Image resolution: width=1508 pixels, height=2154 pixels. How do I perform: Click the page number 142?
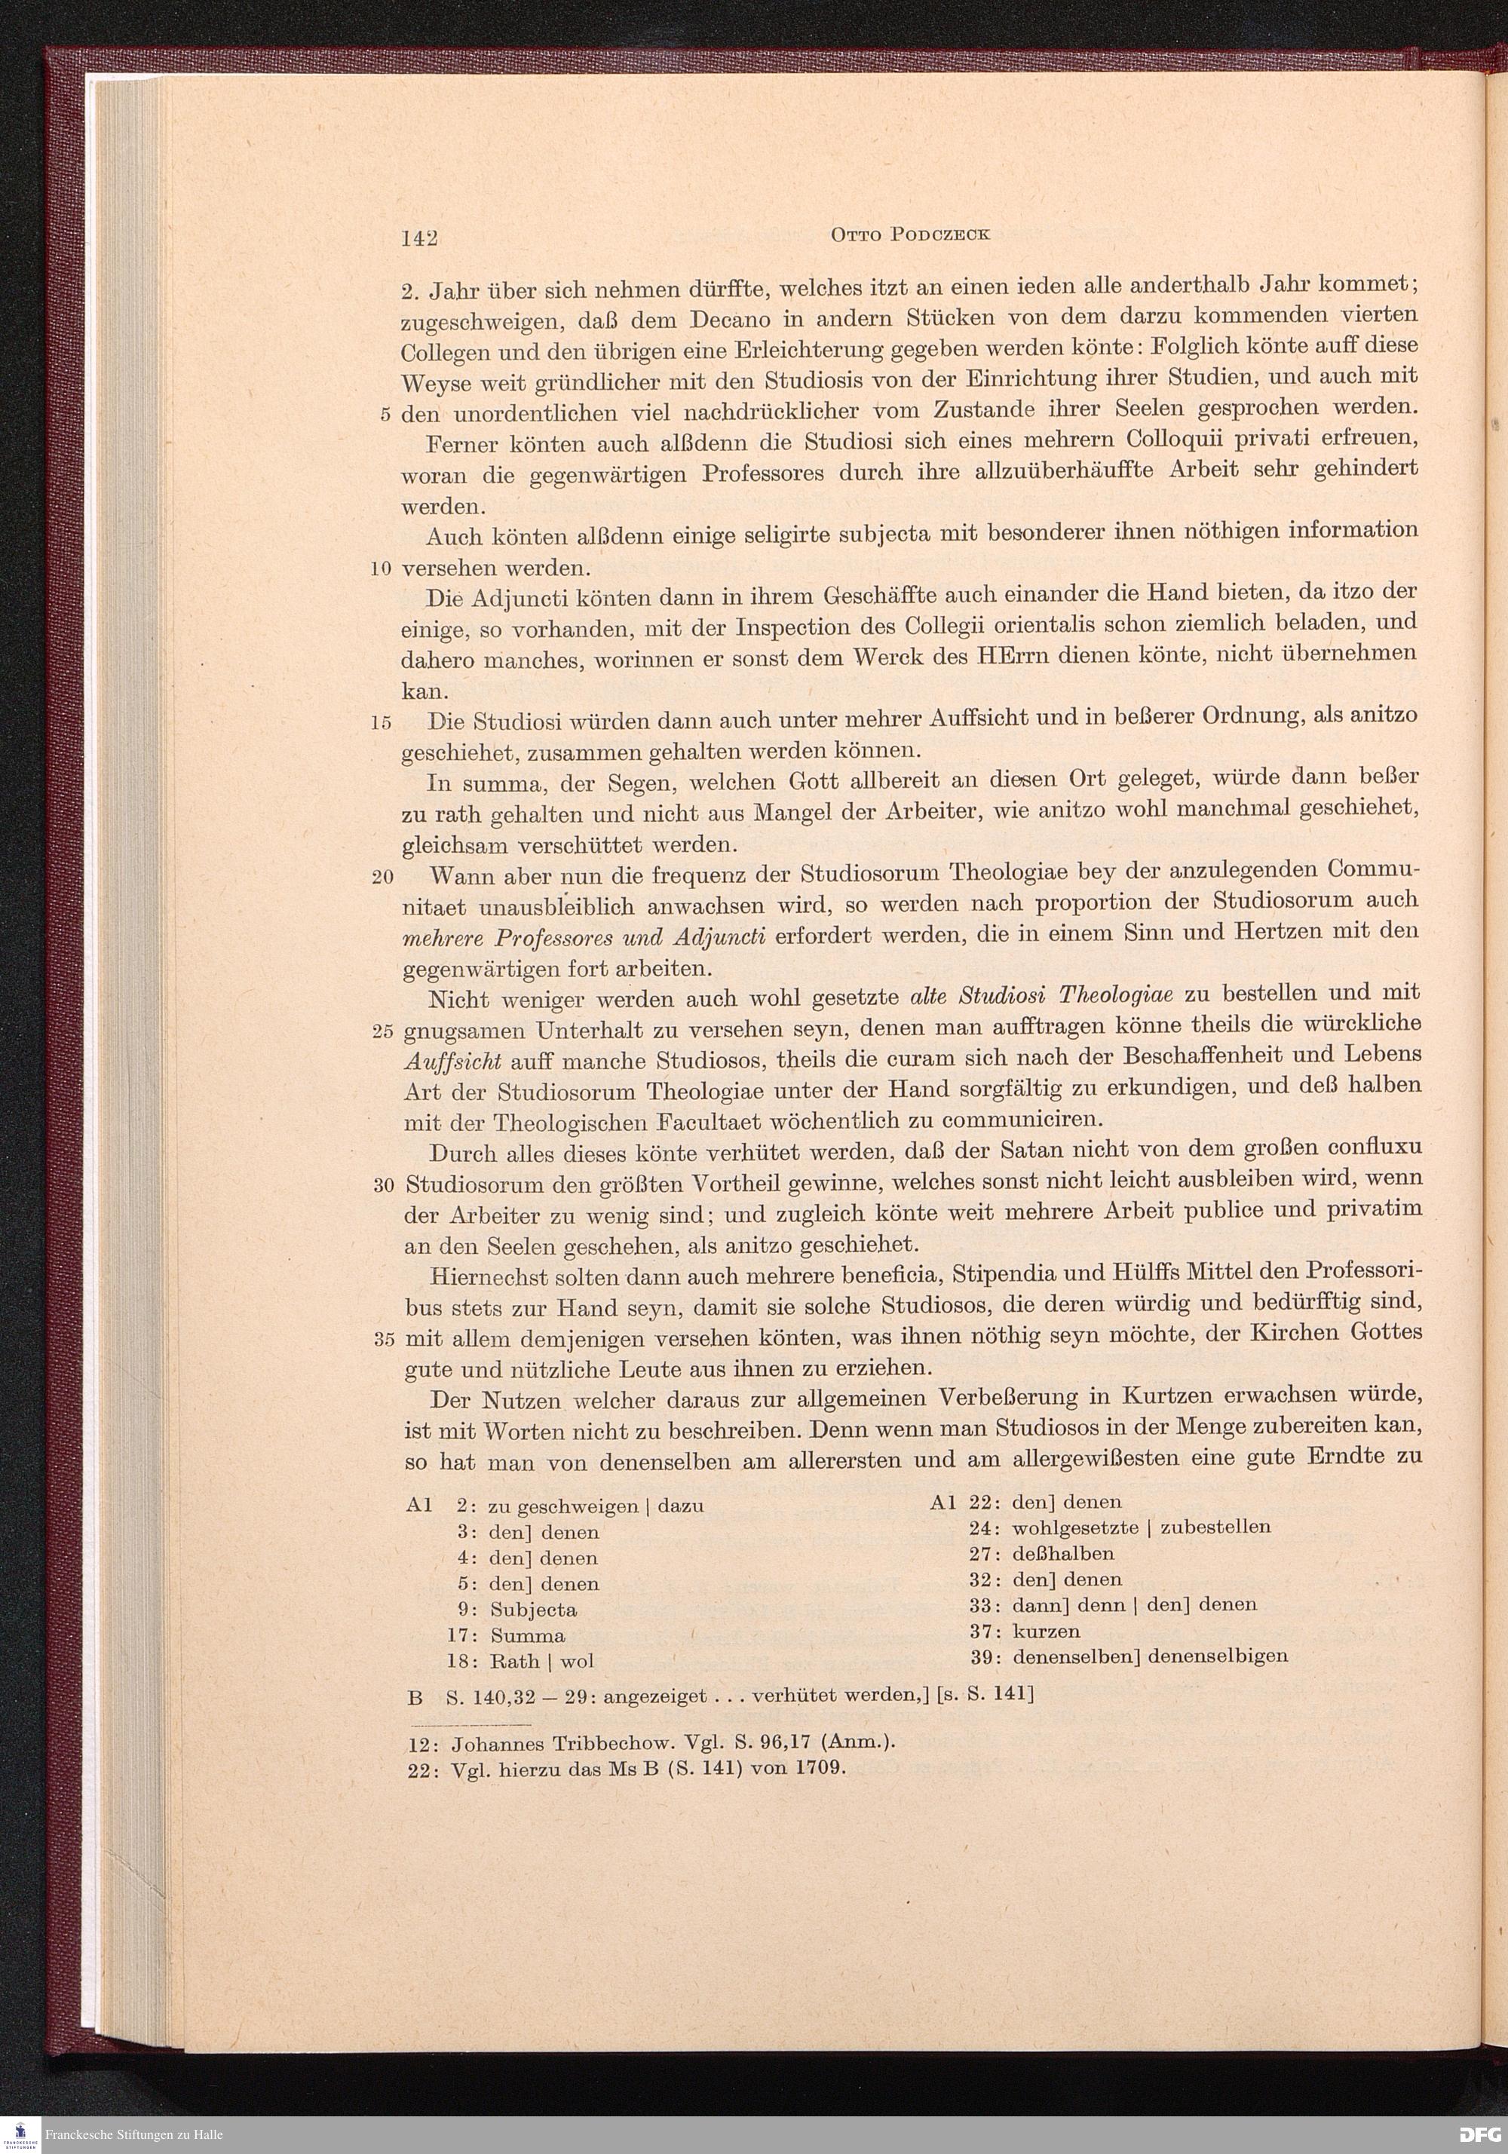click(418, 238)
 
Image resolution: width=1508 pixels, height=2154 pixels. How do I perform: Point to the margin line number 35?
click(382, 1339)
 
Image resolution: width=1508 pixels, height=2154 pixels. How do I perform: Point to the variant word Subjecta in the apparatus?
click(533, 1610)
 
